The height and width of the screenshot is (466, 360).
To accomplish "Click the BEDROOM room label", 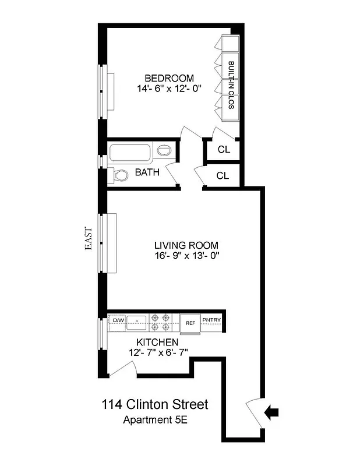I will [x=169, y=78].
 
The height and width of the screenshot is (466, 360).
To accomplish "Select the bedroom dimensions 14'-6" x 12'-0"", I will [x=169, y=89].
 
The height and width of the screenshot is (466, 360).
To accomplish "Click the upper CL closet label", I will [x=224, y=150].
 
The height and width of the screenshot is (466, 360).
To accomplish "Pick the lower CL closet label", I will [x=223, y=175].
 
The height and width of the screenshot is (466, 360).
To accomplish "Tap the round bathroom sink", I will [x=165, y=151].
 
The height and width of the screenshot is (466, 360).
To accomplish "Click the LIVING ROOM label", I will [x=186, y=245].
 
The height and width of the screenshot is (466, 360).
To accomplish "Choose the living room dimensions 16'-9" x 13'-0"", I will [x=186, y=256].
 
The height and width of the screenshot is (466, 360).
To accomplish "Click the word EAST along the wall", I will [x=89, y=238].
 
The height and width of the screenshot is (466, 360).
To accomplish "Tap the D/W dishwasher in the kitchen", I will [x=118, y=320].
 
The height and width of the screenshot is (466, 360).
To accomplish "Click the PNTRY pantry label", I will [x=211, y=320].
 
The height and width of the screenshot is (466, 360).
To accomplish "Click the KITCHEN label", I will [x=158, y=342].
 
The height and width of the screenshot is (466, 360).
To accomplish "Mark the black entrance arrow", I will [x=271, y=412].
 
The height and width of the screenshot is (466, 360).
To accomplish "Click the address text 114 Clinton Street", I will [x=154, y=404].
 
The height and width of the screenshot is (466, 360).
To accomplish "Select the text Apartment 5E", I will [x=153, y=420].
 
